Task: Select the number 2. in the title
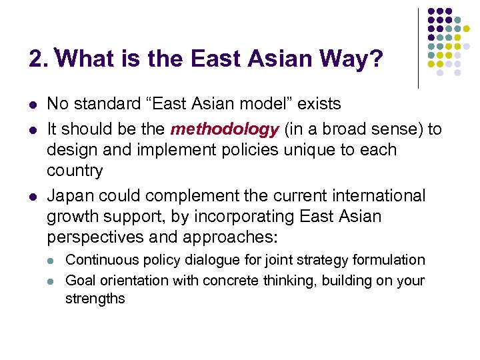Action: pos(39,59)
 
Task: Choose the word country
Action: pos(75,171)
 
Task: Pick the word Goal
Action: pos(80,280)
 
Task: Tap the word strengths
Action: pos(95,299)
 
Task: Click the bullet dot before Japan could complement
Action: pos(33,196)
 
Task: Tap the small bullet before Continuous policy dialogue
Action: pos(53,260)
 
